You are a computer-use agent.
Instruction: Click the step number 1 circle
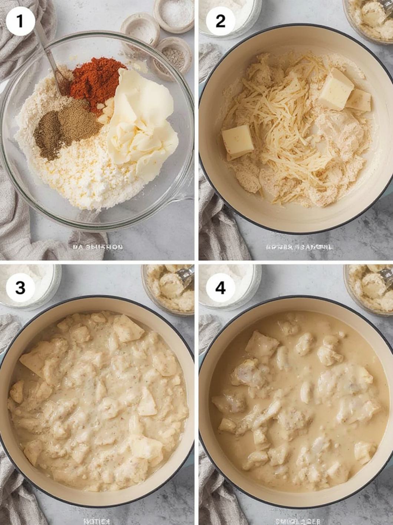(20, 21)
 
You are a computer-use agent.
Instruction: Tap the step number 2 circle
(221, 21)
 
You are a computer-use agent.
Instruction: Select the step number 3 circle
(20, 288)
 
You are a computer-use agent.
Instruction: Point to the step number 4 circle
(221, 288)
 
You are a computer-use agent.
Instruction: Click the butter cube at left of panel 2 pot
(237, 141)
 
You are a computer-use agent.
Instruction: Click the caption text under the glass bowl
(98, 247)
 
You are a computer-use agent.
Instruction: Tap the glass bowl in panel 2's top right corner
(369, 19)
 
